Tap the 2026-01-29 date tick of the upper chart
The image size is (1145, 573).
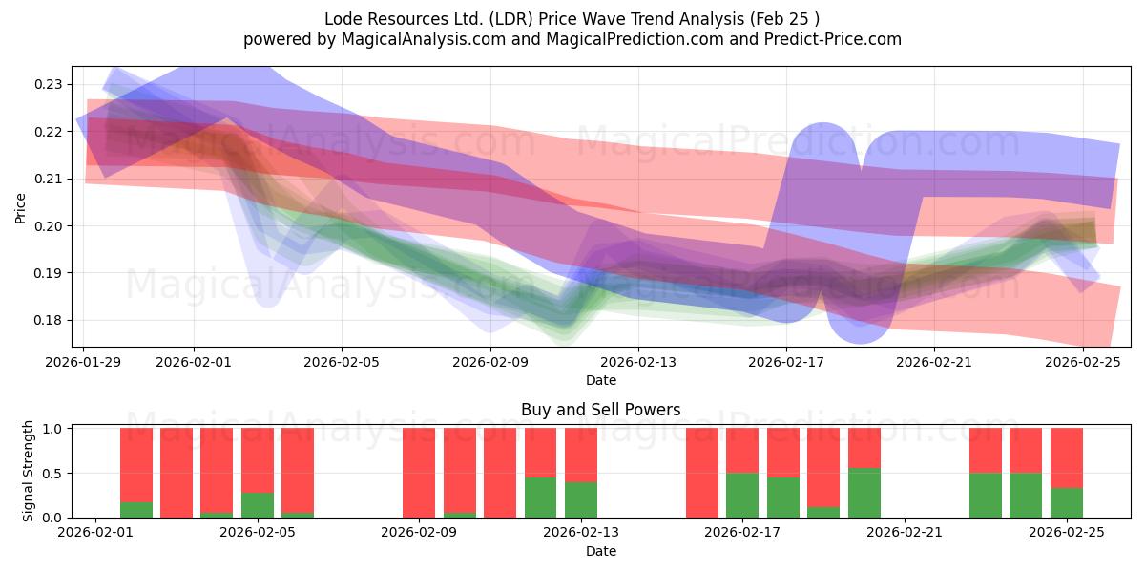click(84, 362)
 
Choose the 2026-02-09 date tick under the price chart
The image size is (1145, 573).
click(489, 362)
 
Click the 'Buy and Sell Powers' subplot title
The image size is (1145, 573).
click(601, 410)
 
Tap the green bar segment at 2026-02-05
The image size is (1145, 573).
click(258, 505)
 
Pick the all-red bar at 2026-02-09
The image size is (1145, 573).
click(419, 473)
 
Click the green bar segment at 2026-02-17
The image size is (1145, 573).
click(742, 495)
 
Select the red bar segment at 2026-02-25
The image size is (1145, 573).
click(1067, 458)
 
